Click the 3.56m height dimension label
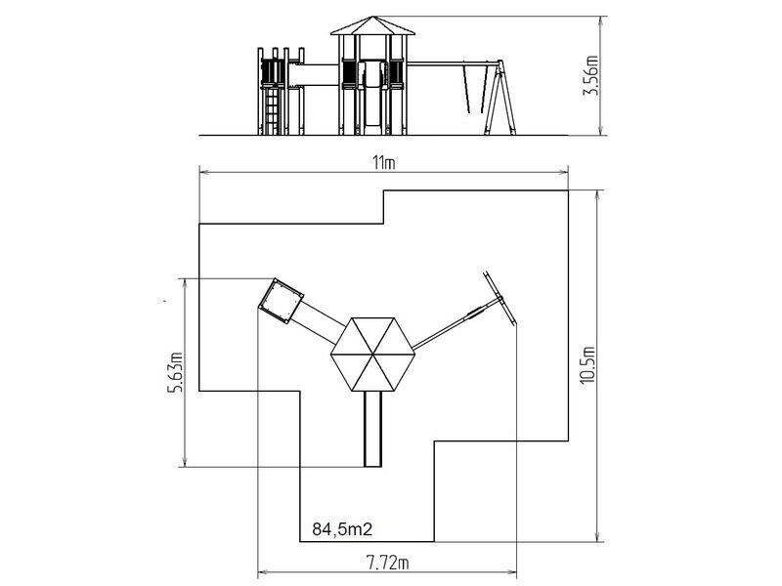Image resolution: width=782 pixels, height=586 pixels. point(591,75)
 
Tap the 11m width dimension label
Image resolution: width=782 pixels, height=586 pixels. point(383,163)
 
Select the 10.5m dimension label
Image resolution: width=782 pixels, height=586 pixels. point(588,364)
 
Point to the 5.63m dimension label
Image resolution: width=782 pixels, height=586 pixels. point(175,372)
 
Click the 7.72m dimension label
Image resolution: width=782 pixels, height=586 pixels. point(387,564)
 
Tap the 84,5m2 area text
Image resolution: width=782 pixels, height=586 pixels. point(342,528)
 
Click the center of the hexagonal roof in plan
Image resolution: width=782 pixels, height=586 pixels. point(372,355)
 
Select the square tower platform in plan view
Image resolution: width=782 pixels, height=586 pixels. point(282,301)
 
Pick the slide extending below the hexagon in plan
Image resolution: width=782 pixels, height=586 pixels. point(372,429)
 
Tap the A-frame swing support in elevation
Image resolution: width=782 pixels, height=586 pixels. point(500,98)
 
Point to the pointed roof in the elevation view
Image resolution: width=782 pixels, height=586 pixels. point(372,26)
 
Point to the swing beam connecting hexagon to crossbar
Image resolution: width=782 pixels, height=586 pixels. point(456,324)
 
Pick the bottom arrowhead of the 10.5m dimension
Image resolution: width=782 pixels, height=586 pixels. point(597,536)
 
